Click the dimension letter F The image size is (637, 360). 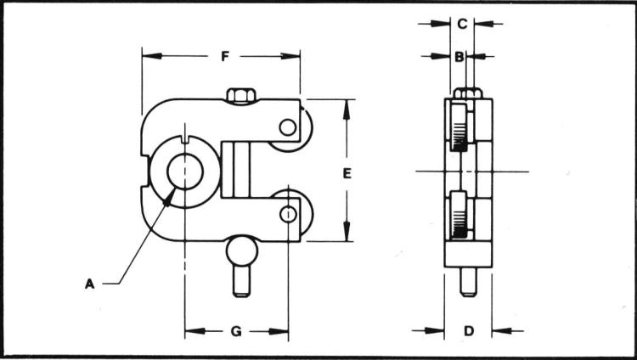pos(224,57)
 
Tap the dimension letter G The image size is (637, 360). pos(236,330)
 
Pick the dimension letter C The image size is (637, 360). pos(461,24)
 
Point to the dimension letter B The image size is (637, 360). pos(459,57)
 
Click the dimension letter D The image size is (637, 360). pos(468,330)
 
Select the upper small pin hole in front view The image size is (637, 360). pos(289,128)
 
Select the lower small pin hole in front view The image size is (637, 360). pos(289,214)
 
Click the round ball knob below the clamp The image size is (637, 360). pos(241,252)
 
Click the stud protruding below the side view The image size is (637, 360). pos(468,281)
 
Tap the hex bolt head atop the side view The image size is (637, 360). pos(468,93)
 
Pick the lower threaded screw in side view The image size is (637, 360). pos(459,217)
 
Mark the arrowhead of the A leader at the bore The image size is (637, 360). pos(173,192)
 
